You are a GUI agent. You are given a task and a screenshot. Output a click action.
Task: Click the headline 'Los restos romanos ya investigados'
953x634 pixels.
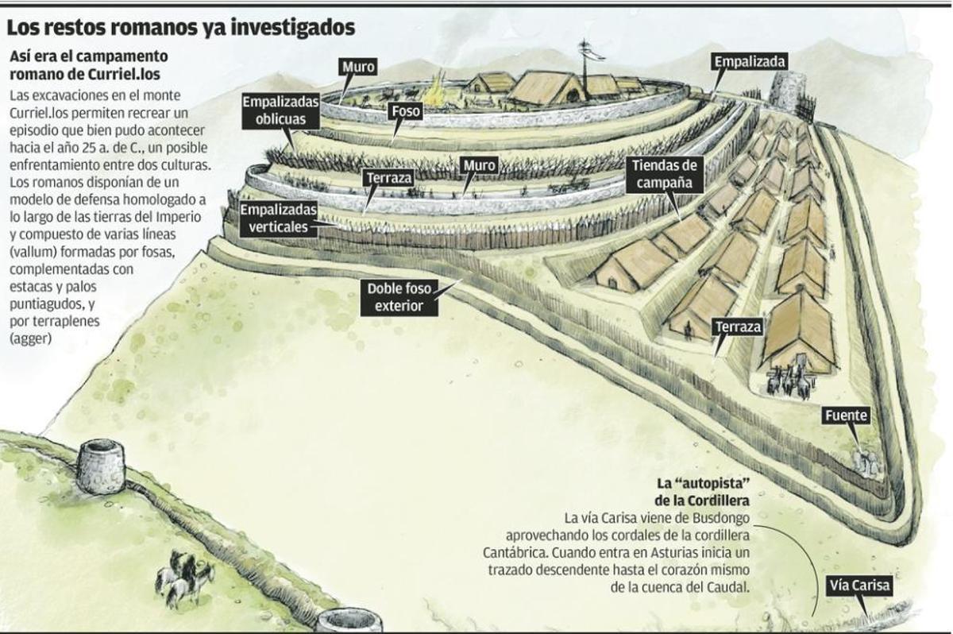click(x=181, y=28)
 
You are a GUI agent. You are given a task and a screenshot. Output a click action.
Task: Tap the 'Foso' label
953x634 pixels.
click(x=406, y=111)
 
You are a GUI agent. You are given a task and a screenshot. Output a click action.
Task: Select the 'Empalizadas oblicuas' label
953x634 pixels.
click(x=281, y=110)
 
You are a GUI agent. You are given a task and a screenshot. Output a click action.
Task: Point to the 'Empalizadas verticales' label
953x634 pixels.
click(x=279, y=218)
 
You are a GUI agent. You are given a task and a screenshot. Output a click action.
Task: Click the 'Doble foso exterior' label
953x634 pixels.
click(x=399, y=297)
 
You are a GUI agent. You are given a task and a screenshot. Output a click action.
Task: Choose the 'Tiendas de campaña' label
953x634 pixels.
click(x=664, y=174)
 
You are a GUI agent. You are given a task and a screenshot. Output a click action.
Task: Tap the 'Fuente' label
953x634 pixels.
click(x=846, y=416)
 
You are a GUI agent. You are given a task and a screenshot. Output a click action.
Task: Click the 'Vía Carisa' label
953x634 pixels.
click(x=859, y=586)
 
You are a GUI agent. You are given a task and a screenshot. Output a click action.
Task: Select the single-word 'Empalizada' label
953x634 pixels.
click(x=749, y=62)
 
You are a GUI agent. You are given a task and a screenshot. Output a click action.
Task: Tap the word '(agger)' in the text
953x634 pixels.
click(x=31, y=338)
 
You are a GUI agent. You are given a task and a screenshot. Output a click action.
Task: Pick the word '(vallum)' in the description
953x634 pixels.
click(x=33, y=252)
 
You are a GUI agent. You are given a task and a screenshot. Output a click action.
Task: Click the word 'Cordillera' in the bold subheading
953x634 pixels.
click(x=718, y=501)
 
